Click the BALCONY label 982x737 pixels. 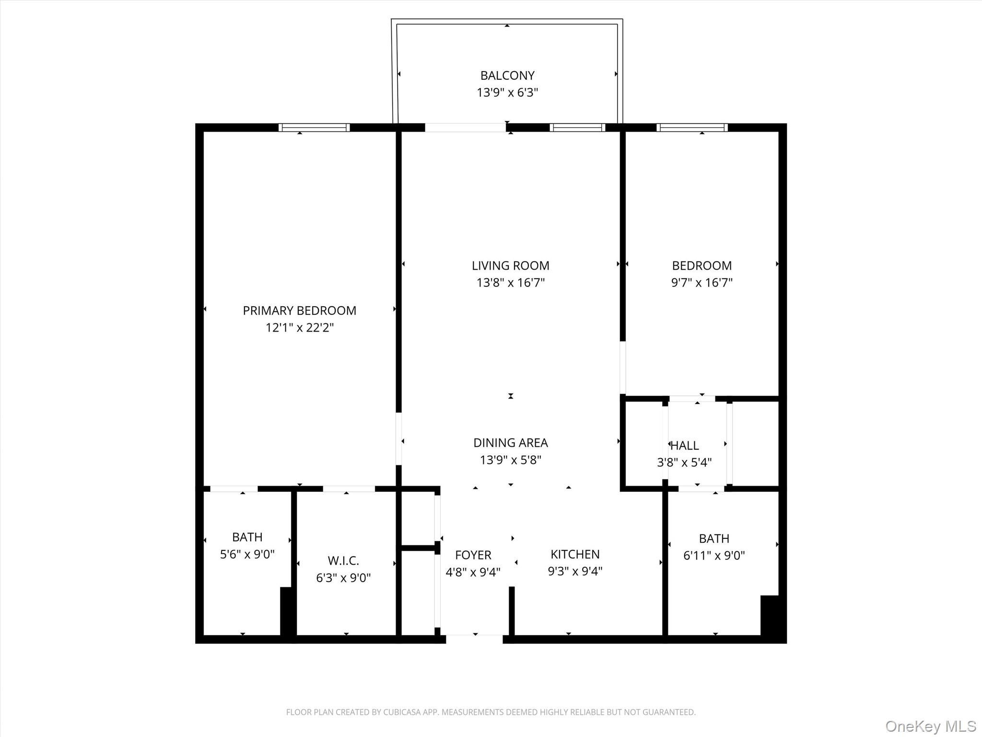click(x=507, y=75)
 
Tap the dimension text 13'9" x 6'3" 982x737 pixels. click(x=507, y=93)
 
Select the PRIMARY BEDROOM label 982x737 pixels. click(x=299, y=310)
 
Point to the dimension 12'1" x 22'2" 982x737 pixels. click(x=299, y=328)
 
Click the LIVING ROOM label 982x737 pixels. click(x=510, y=265)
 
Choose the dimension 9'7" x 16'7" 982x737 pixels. click(x=701, y=283)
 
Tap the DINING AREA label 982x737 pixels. click(x=510, y=442)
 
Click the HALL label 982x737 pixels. click(x=685, y=445)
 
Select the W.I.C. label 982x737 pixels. click(x=343, y=560)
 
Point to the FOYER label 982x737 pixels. click(x=473, y=555)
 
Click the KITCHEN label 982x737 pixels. click(x=575, y=554)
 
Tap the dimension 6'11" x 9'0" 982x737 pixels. click(x=713, y=556)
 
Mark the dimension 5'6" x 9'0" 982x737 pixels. click(x=247, y=554)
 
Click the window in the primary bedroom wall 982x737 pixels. click(x=314, y=128)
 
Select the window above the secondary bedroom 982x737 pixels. click(x=692, y=128)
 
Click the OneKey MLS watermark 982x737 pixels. click(x=930, y=726)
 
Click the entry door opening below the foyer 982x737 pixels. click(x=474, y=639)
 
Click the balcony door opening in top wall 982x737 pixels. click(x=465, y=128)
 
